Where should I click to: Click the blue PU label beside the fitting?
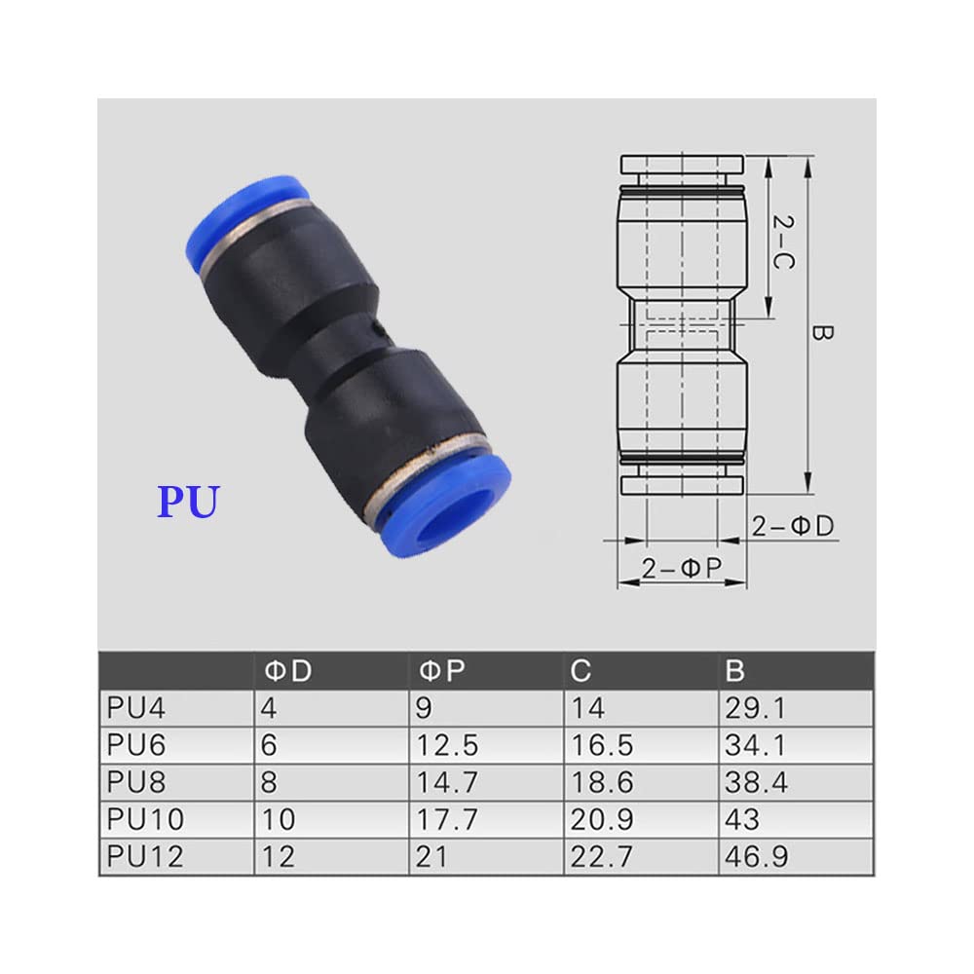tap(189, 501)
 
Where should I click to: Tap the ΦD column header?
tap(288, 671)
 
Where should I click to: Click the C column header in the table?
tap(581, 671)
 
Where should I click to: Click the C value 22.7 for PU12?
tap(603, 856)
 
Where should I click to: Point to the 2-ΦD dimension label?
tap(793, 526)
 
